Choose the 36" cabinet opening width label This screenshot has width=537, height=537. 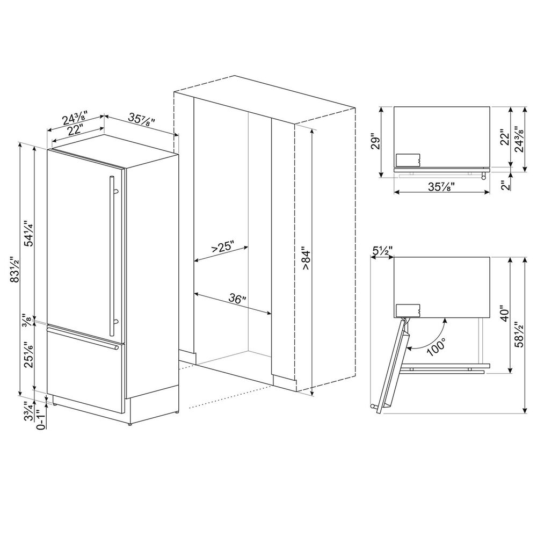[236, 299]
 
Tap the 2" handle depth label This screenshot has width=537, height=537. [503, 185]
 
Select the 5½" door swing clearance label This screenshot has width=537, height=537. [382, 250]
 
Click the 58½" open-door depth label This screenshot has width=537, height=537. [519, 335]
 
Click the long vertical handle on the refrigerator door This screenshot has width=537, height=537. [112, 250]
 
